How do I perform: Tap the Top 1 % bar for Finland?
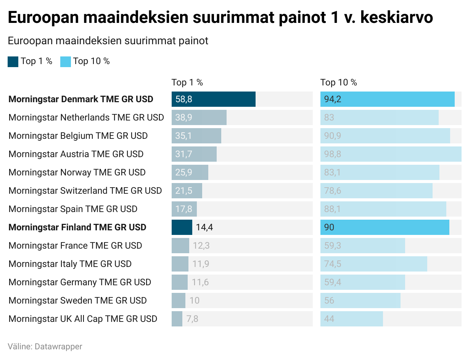pyautogui.click(x=182, y=227)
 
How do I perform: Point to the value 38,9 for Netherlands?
pyautogui.click(x=183, y=117)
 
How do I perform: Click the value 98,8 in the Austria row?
pyautogui.click(x=333, y=154)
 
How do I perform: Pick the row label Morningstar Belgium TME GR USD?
pyautogui.click(x=78, y=136)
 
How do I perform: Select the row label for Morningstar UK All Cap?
pyautogui.click(x=83, y=319)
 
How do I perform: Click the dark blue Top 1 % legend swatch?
pyautogui.click(x=13, y=61)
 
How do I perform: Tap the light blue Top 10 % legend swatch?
pyautogui.click(x=66, y=61)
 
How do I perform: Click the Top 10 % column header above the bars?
pyautogui.click(x=339, y=82)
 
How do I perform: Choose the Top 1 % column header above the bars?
pyautogui.click(x=187, y=82)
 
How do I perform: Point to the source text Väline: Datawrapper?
pyautogui.click(x=45, y=347)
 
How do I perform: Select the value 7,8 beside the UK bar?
pyautogui.click(x=193, y=319)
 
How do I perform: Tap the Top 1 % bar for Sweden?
pyautogui.click(x=179, y=301)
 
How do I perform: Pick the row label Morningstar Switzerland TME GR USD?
pyautogui.click(x=85, y=191)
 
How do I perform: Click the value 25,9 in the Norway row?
pyautogui.click(x=183, y=172)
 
